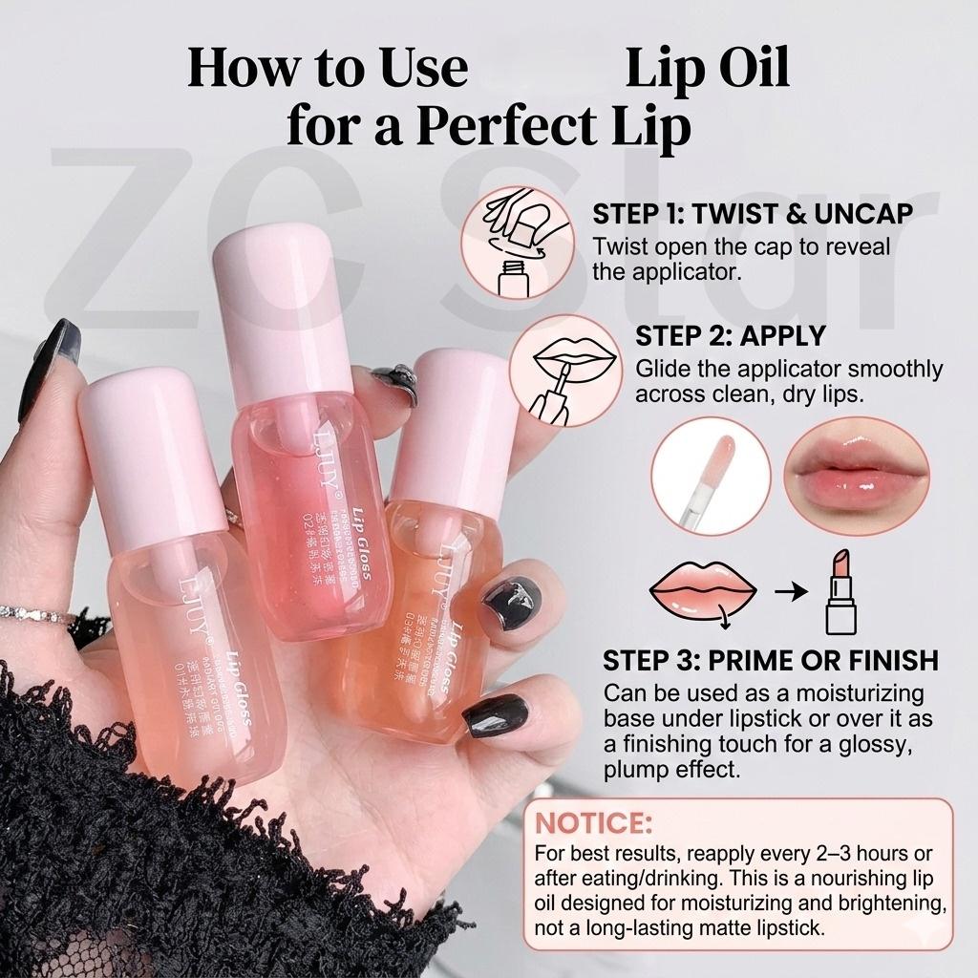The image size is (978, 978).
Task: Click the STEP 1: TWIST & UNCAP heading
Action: tap(752, 213)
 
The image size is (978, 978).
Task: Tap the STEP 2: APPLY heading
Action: tap(731, 335)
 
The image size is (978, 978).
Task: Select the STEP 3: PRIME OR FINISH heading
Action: tap(770, 660)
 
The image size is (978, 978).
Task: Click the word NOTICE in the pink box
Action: tap(593, 822)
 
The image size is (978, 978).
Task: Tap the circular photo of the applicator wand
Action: tap(711, 475)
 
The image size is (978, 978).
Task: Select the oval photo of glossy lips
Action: tap(857, 475)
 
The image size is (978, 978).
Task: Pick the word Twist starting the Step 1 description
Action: tap(618, 247)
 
